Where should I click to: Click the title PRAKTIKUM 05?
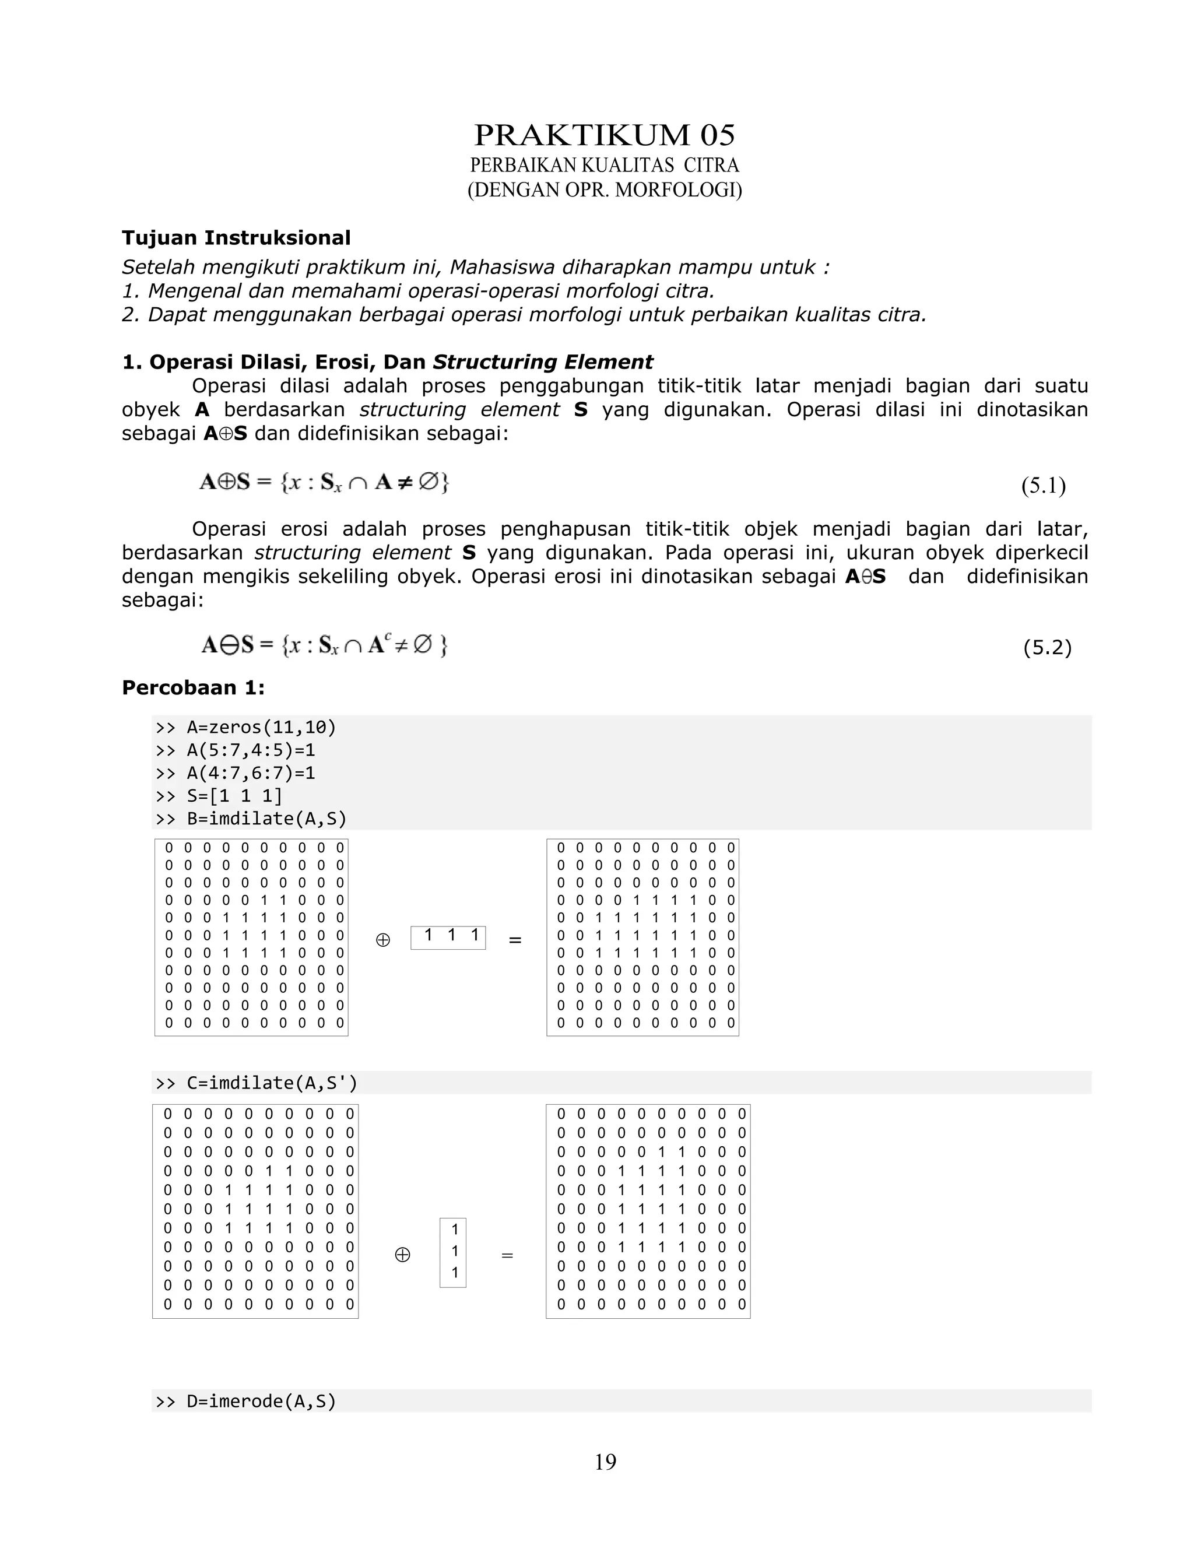(x=604, y=135)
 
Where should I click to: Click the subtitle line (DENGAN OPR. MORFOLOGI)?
(x=604, y=190)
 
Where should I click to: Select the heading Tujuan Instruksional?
(x=236, y=238)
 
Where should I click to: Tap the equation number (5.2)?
(x=1047, y=647)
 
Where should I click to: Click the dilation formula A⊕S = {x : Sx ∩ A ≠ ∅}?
(x=325, y=483)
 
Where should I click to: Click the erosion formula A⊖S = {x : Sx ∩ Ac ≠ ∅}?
(x=325, y=645)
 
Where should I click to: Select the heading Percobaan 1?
(x=193, y=687)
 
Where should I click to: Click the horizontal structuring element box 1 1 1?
(x=448, y=937)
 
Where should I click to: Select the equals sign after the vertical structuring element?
(x=507, y=1256)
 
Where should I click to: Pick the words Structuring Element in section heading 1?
(x=543, y=362)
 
